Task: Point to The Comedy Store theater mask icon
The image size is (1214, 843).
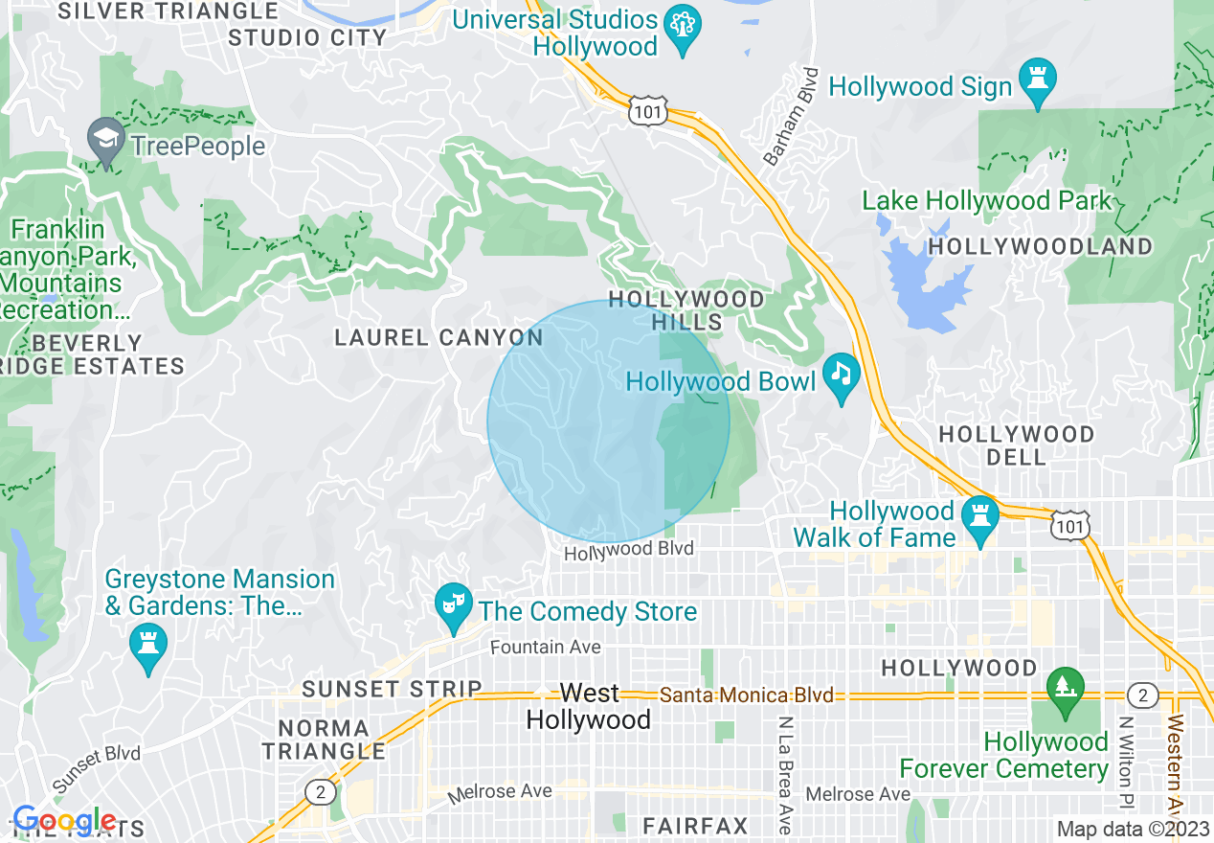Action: click(454, 604)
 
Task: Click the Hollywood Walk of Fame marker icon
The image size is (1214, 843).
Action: click(979, 515)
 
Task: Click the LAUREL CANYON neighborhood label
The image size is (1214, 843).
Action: click(438, 337)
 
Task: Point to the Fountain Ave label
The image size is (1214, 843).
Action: click(545, 648)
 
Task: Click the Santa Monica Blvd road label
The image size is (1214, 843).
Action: click(747, 695)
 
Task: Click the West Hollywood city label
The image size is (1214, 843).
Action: click(589, 706)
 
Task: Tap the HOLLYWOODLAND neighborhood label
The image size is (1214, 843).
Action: click(1041, 246)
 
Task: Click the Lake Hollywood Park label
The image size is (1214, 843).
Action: click(986, 201)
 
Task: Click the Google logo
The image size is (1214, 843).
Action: click(64, 820)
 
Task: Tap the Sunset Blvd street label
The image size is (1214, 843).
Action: click(96, 769)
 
